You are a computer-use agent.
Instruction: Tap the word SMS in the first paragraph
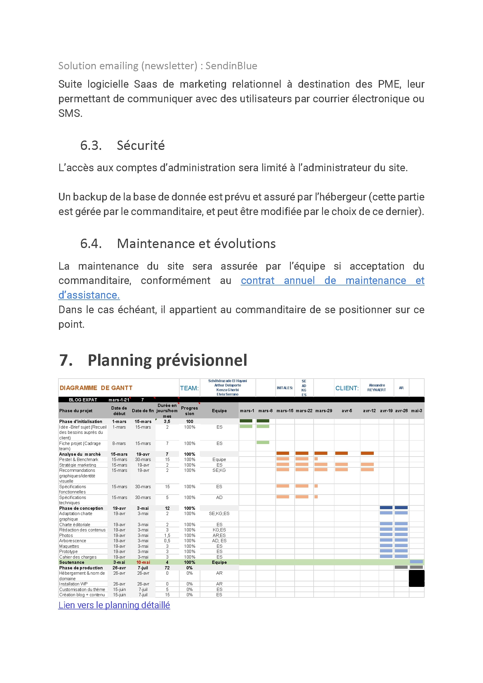point(70,113)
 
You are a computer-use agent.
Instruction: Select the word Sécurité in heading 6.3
point(140,145)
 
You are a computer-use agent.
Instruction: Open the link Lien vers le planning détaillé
point(114,605)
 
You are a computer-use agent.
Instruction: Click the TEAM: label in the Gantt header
point(189,388)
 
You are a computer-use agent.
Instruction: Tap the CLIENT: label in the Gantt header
point(347,388)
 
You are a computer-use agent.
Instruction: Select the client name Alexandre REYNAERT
point(376,388)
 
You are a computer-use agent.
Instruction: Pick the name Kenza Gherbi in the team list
point(227,390)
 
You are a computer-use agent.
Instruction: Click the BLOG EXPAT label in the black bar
point(83,400)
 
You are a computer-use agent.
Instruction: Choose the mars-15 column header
point(285,411)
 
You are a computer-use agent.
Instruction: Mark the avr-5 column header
point(347,411)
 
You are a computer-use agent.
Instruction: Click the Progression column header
point(190,411)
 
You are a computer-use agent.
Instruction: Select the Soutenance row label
point(72,562)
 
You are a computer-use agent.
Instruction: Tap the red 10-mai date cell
point(143,562)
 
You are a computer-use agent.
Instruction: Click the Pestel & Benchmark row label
point(79,460)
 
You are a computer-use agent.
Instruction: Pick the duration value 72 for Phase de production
point(167,568)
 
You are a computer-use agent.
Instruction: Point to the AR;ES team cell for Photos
point(219,535)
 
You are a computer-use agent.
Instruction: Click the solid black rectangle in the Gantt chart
point(416,579)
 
